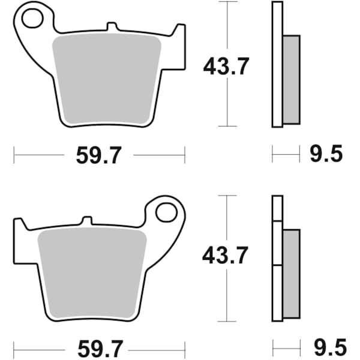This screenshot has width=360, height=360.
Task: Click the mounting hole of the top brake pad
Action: coord(32,19)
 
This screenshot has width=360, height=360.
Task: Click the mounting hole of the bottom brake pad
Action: coord(165,212)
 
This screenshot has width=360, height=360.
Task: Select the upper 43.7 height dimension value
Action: coord(225,66)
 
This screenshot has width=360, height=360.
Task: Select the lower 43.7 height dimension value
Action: coord(225,257)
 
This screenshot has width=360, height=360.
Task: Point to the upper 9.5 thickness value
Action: coord(325,155)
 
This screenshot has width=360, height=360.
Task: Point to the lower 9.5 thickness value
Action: coord(325,348)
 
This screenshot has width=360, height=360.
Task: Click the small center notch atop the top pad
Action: coord(111,26)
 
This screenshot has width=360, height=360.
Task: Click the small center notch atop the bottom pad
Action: coord(87,220)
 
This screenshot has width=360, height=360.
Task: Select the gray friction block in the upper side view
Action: coord(291,79)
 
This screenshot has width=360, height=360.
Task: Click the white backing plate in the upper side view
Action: coord(277,64)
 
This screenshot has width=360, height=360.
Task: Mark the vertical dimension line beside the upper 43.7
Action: coord(227,102)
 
